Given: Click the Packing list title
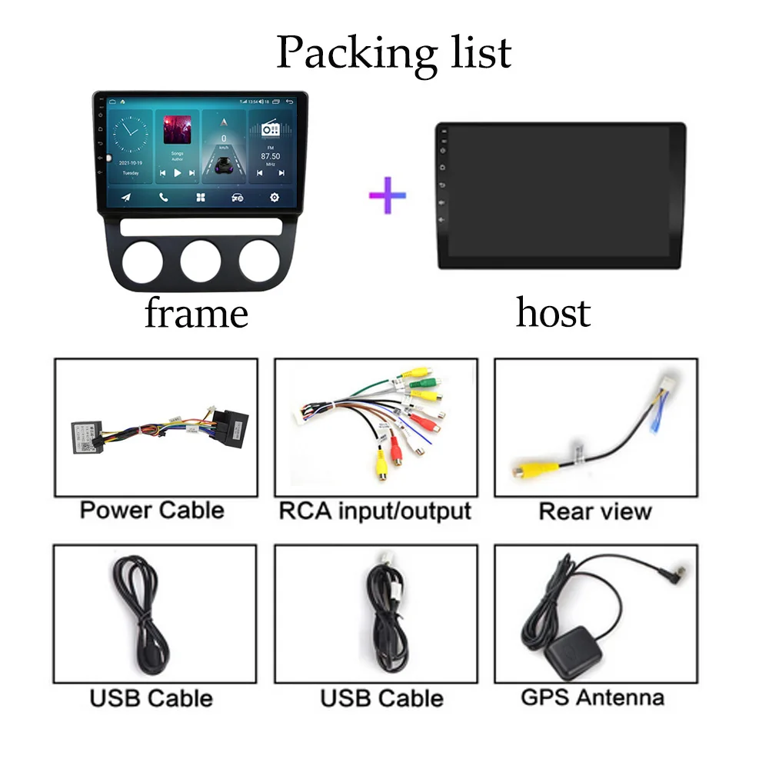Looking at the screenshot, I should coord(394,52).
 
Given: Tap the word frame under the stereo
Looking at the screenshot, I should coord(196,314).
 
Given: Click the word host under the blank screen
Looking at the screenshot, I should coord(553,312).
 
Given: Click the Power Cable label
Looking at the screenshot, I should coord(152,510).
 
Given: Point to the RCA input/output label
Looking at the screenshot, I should coord(375,510).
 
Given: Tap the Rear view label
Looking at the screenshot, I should coord(595,511).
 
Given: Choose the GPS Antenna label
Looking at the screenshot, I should coord(592,697).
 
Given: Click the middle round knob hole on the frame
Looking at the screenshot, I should coord(201,261).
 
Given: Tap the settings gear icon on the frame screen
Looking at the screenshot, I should coord(274,198).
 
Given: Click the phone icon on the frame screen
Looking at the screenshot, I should coord(163,198).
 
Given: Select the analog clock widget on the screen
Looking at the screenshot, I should coord(131,135).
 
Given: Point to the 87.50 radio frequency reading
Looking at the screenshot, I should coord(270,156).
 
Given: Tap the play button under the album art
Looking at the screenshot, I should coord(177,174).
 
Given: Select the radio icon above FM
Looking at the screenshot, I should coord(270,128).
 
